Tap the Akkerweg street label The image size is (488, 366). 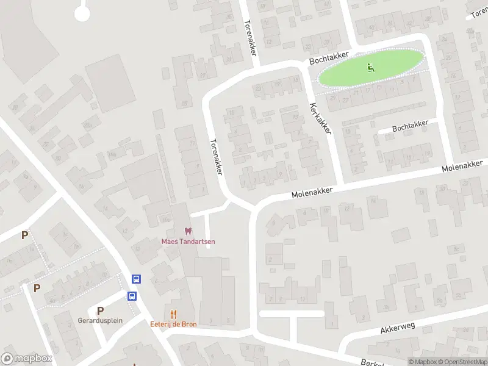pyautogui.click(x=397, y=328)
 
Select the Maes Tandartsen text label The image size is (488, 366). pyautogui.click(x=188, y=241)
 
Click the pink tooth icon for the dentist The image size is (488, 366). pyautogui.click(x=188, y=231)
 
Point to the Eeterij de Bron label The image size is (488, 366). pyautogui.click(x=174, y=324)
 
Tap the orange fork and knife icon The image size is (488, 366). pyautogui.click(x=174, y=314)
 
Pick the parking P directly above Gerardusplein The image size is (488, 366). pyautogui.click(x=100, y=310)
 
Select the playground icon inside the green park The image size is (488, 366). pyautogui.click(x=370, y=68)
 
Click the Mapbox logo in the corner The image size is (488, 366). pyautogui.click(x=27, y=359)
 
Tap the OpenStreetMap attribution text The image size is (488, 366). pyautogui.click(x=461, y=362)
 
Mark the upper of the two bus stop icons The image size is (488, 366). pyautogui.click(x=136, y=279)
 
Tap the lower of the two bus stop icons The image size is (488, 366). pyautogui.click(x=132, y=296)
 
